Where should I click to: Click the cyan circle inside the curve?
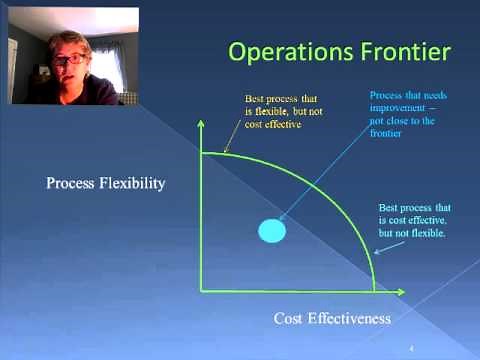(272, 230)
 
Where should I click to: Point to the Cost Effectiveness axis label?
(331, 318)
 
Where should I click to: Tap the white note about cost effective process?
(414, 219)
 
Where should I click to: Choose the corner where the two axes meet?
(202, 291)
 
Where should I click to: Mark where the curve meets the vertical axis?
(202, 152)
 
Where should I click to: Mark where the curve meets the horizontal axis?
(375, 291)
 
